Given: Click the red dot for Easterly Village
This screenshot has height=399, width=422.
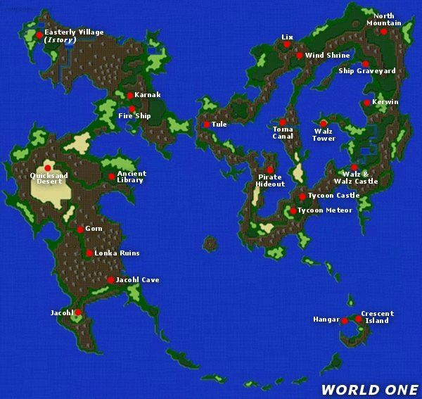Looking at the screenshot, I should [39, 34].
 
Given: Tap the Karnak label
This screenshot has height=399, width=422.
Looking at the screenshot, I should [148, 95].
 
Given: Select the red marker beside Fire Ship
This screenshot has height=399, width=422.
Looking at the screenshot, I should [132, 108].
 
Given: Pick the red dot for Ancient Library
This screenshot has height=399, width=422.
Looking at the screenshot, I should [111, 176].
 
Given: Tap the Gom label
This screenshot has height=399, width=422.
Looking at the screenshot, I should [94, 229].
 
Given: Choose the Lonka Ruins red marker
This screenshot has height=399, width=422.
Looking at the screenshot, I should [89, 253].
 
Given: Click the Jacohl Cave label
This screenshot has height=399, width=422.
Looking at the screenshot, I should [137, 280].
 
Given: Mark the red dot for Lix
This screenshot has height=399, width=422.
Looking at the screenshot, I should [287, 44].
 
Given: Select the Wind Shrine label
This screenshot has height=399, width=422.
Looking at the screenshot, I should [327, 56].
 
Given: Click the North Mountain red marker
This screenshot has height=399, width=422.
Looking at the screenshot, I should [383, 31].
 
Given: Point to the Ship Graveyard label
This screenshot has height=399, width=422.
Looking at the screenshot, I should [366, 71].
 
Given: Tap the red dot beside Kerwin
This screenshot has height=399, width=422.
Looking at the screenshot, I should [366, 103].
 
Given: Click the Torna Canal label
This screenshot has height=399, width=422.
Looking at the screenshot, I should [283, 132].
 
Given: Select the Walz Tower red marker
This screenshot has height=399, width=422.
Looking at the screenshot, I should [323, 124].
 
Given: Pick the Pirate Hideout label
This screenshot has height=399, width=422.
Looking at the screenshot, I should [271, 180].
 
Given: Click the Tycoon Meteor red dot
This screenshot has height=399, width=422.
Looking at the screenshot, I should [293, 210].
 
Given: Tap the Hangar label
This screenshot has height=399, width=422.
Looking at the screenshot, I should [326, 319].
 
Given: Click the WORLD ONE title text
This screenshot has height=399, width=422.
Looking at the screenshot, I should [369, 389].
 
